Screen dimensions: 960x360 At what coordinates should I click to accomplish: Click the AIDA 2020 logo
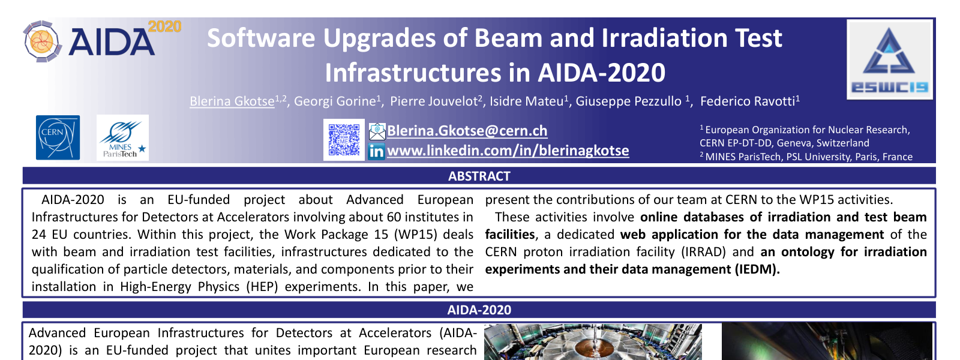tap(102, 41)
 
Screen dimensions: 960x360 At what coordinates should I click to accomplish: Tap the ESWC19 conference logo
tap(890, 59)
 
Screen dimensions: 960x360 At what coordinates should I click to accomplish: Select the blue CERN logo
tap(58, 137)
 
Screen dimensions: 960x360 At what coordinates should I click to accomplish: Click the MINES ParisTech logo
tap(122, 137)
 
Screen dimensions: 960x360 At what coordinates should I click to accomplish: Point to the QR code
tap(344, 140)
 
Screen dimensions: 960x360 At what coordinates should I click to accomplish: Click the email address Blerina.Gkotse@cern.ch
tap(467, 131)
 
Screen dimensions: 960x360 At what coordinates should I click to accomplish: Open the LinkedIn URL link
tap(508, 151)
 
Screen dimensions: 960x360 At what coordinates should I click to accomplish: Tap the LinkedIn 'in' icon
tap(376, 152)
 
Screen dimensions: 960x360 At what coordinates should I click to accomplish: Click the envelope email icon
tap(377, 131)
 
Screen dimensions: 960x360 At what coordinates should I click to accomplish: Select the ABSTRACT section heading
tap(479, 176)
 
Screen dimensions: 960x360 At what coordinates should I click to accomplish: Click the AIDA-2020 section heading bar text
tap(479, 310)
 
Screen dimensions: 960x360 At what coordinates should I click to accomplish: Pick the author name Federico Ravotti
tap(748, 101)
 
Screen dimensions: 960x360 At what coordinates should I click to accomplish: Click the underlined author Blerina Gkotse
tap(232, 101)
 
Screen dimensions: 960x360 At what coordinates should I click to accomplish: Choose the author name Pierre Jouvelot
tap(434, 101)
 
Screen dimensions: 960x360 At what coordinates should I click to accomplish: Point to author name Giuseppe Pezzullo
tap(628, 101)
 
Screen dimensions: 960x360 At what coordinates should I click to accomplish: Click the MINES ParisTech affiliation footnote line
tap(806, 157)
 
